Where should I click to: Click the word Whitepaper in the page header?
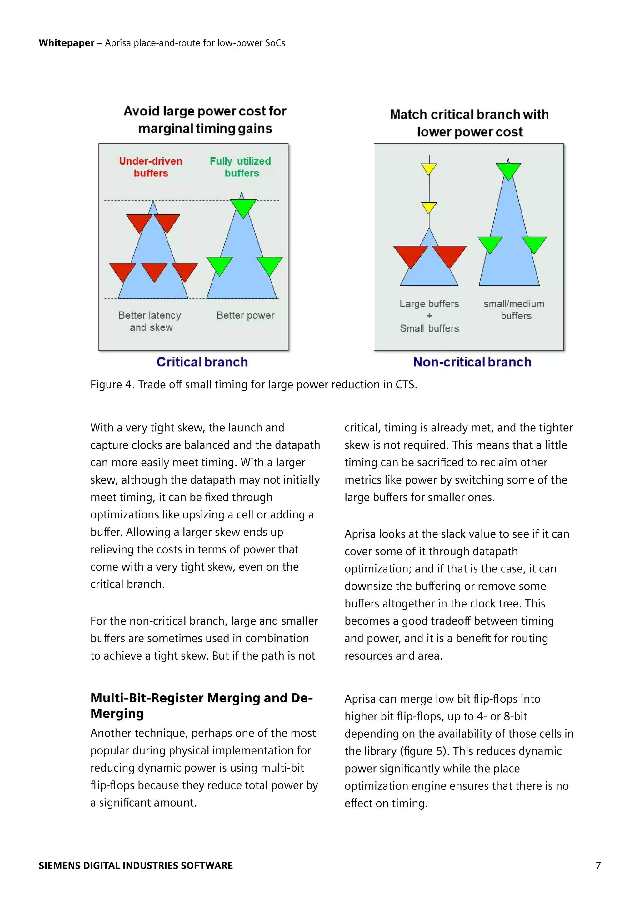coord(66,43)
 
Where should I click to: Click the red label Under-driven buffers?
coord(151,167)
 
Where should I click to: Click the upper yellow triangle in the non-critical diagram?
coord(429,168)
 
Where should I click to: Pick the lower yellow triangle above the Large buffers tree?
coord(429,207)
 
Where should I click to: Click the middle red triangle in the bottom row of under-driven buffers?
coord(154,271)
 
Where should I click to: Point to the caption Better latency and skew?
coord(150,321)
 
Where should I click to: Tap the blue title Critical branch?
coord(202,362)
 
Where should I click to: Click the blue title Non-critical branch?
coord(472,362)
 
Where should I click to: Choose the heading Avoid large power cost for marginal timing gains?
coord(205,120)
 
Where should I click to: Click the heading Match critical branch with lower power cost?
coord(469,123)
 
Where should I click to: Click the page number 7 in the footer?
coord(598,865)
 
